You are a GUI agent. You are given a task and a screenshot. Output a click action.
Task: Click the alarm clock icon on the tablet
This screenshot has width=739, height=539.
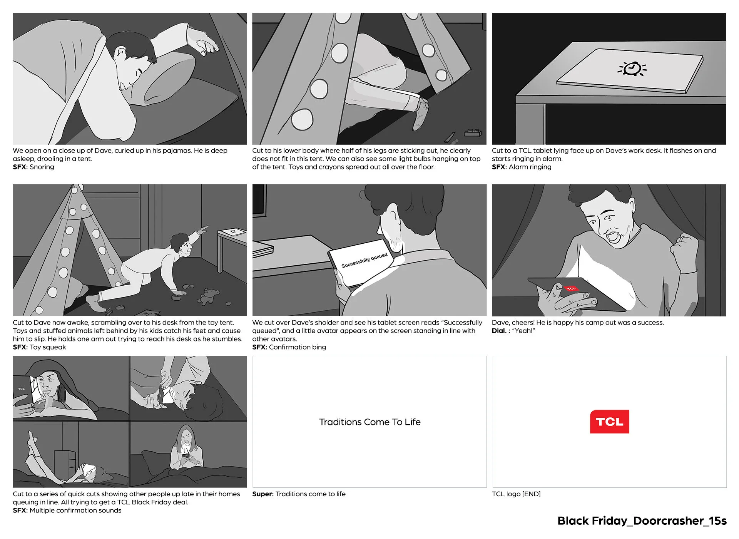(632, 69)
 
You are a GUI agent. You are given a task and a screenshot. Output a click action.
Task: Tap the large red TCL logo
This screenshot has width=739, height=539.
(610, 422)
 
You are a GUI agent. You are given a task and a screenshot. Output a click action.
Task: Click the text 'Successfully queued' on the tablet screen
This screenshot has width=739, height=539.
(364, 261)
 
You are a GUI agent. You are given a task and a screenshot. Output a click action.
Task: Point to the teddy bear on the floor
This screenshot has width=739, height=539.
(207, 296)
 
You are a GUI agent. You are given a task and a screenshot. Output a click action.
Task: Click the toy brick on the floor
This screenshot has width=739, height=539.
(473, 132)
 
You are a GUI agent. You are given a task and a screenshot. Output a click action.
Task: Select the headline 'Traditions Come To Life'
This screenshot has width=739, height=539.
(369, 422)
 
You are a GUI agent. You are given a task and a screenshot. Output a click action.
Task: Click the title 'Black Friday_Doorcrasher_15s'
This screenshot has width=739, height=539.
(642, 521)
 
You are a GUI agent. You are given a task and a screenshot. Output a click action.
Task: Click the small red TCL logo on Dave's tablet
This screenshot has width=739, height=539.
(571, 288)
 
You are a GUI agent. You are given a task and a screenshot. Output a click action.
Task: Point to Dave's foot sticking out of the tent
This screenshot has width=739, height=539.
(421, 114)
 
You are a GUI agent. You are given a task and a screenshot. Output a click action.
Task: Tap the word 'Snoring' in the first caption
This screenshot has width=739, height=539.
(42, 167)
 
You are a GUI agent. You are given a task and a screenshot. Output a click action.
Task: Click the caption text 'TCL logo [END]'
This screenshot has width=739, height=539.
(516, 494)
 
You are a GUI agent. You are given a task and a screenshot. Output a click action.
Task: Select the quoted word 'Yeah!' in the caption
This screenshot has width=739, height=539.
(523, 331)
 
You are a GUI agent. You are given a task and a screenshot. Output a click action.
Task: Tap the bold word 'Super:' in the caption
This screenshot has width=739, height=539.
(263, 494)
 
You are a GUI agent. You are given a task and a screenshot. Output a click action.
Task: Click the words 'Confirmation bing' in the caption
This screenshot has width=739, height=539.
(298, 347)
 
